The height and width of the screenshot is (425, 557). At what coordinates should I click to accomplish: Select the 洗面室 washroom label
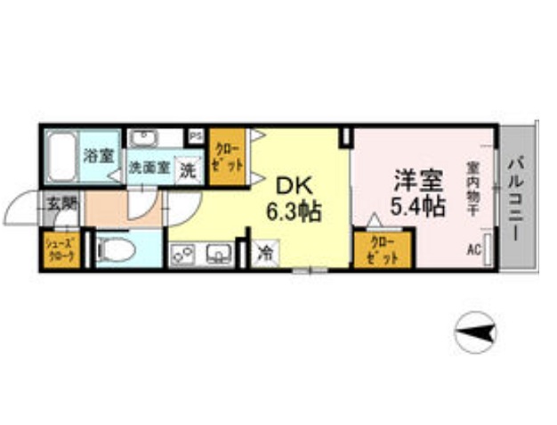coord(148,167)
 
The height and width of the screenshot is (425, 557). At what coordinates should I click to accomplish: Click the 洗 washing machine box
coord(188,169)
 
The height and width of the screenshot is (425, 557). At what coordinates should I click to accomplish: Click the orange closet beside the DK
coord(227,157)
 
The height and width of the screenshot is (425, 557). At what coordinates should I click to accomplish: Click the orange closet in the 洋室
coord(383,249)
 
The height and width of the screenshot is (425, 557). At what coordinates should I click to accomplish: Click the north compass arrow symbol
coord(475,332)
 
